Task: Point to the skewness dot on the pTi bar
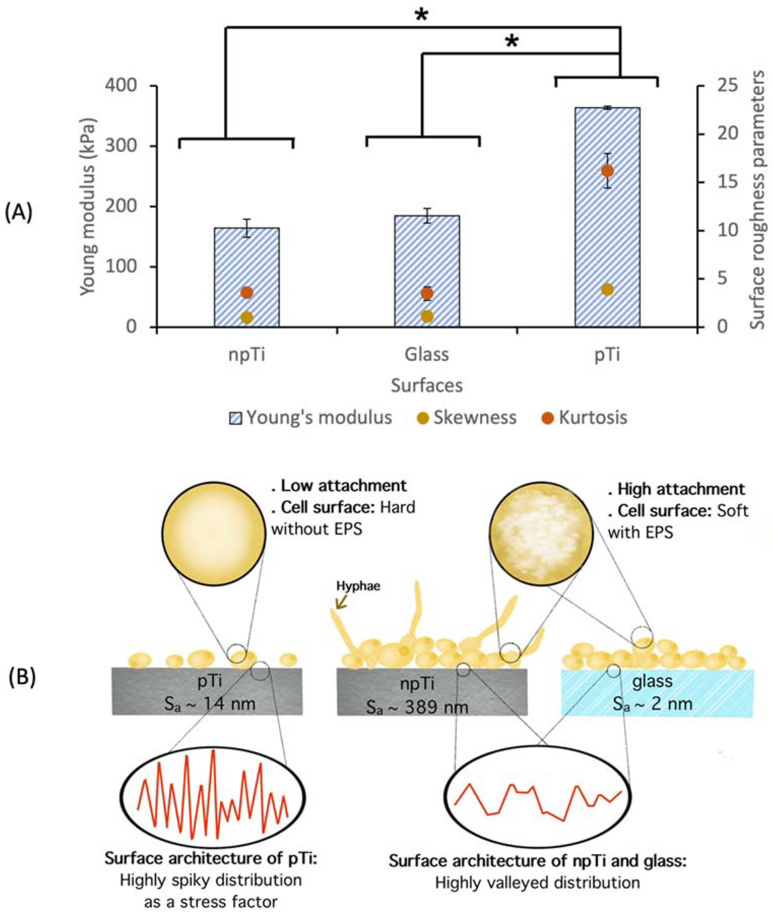click(x=607, y=289)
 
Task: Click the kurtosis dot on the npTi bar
click(x=247, y=292)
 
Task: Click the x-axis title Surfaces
click(x=427, y=386)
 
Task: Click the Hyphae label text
click(x=358, y=586)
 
